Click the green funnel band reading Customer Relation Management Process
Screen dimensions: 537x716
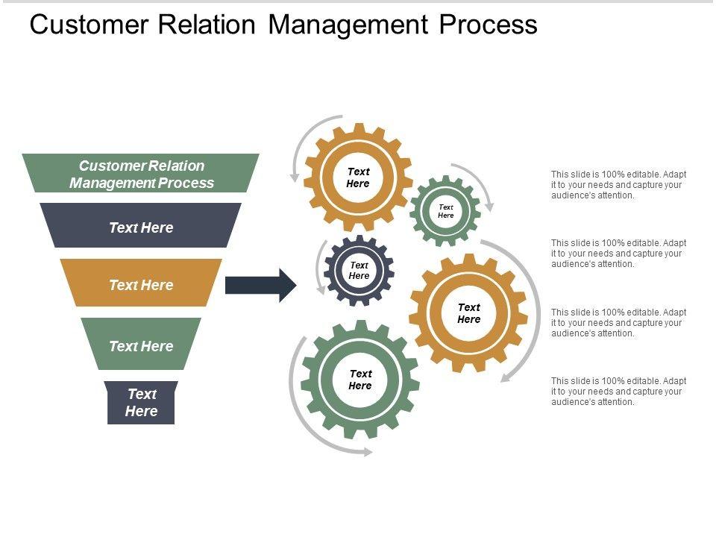[141, 173]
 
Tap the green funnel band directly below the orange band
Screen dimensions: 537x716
[141, 345]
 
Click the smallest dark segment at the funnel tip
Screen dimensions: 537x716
[141, 403]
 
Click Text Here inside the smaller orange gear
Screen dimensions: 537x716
[358, 178]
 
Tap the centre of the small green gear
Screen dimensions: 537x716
[445, 211]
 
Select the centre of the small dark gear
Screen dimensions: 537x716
[359, 270]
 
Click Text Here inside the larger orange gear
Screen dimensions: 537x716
[468, 313]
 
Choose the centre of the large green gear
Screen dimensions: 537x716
[360, 380]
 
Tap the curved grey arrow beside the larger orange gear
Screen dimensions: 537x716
[528, 298]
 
